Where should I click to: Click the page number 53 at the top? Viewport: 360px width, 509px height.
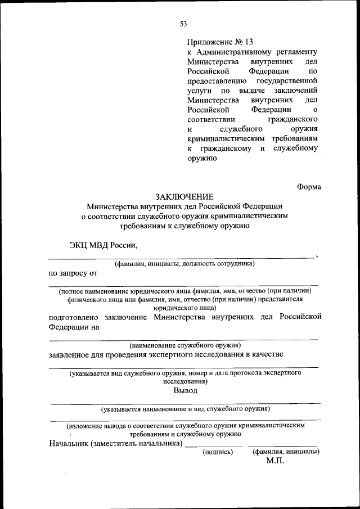click(x=183, y=23)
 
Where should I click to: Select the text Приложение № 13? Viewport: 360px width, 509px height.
click(x=220, y=42)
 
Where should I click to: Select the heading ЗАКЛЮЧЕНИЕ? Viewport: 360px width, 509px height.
click(x=184, y=196)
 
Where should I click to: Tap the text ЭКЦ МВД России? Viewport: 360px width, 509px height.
click(x=102, y=245)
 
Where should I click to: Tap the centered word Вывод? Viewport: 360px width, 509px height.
click(x=184, y=390)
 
